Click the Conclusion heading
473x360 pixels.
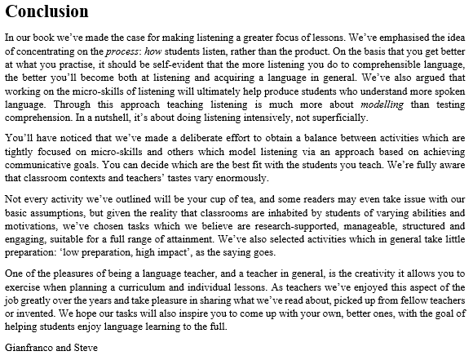point(46,12)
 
